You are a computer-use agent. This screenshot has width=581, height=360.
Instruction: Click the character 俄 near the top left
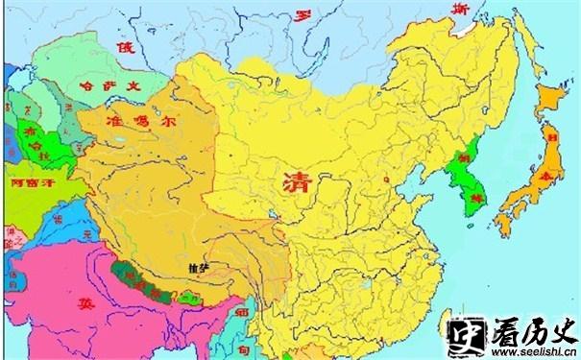pyautogui.click(x=124, y=47)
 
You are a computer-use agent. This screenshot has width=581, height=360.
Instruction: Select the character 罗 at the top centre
pyautogui.click(x=303, y=16)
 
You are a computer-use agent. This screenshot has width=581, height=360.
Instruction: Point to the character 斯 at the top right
pyautogui.click(x=460, y=9)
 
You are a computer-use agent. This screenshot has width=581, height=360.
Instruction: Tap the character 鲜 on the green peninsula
pyautogui.click(x=472, y=200)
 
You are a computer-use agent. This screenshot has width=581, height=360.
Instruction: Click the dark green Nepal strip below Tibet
pyautogui.click(x=144, y=283)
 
